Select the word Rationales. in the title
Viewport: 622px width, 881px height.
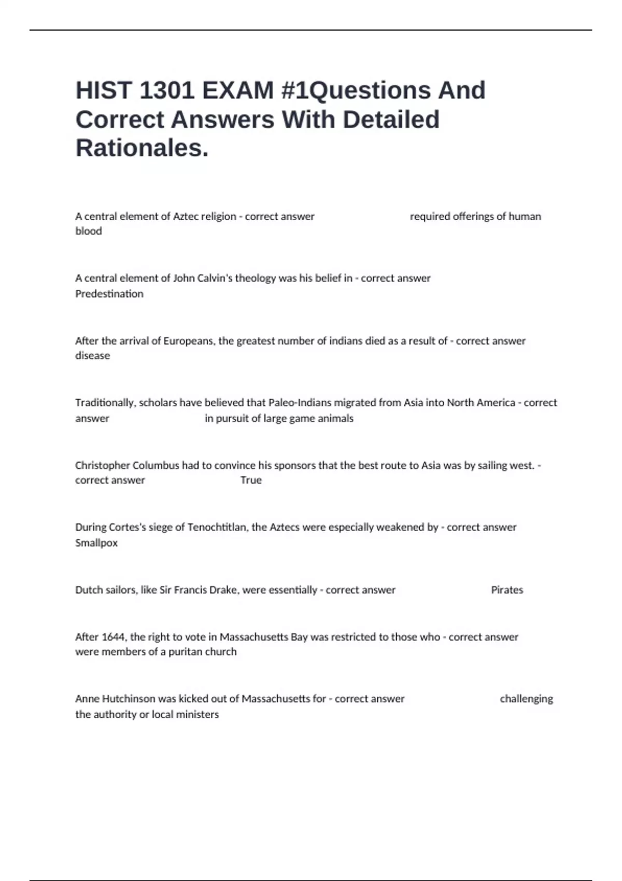pos(142,148)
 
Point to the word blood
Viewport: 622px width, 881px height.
pos(89,231)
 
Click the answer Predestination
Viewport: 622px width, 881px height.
pos(109,294)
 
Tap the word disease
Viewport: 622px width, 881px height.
pos(93,356)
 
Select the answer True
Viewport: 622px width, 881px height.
pos(251,480)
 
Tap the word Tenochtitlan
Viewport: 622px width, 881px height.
pos(218,528)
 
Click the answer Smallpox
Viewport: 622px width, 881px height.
pos(96,543)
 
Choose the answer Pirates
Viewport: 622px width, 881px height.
pos(507,590)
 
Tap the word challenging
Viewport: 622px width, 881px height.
pos(526,699)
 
